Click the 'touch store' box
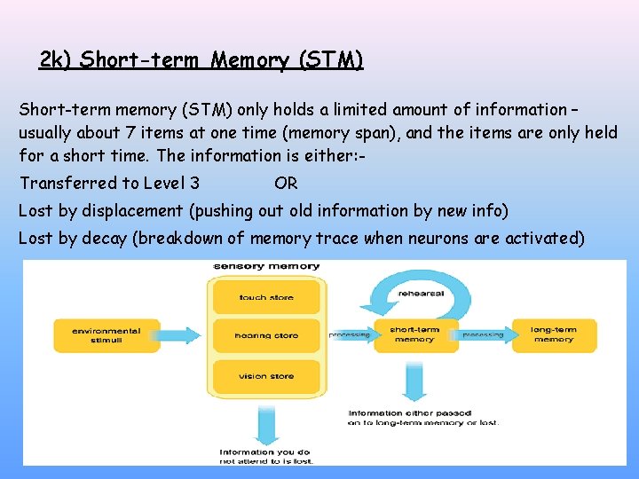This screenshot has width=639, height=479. pyautogui.click(x=265, y=297)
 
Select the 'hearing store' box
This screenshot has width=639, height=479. pyautogui.click(x=265, y=335)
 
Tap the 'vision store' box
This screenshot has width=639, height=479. pyautogui.click(x=265, y=376)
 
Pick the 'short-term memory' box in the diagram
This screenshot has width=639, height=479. pyautogui.click(x=414, y=334)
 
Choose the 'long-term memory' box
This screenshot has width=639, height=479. pyautogui.click(x=553, y=334)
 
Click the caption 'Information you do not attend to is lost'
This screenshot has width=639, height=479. pyautogui.click(x=265, y=456)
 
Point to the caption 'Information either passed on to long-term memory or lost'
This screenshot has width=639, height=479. pyautogui.click(x=422, y=417)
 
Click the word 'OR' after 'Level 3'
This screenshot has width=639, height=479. pyautogui.click(x=286, y=184)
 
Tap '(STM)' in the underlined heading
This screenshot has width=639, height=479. pyautogui.click(x=331, y=60)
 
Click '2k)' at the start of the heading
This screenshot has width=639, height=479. pyautogui.click(x=56, y=60)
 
